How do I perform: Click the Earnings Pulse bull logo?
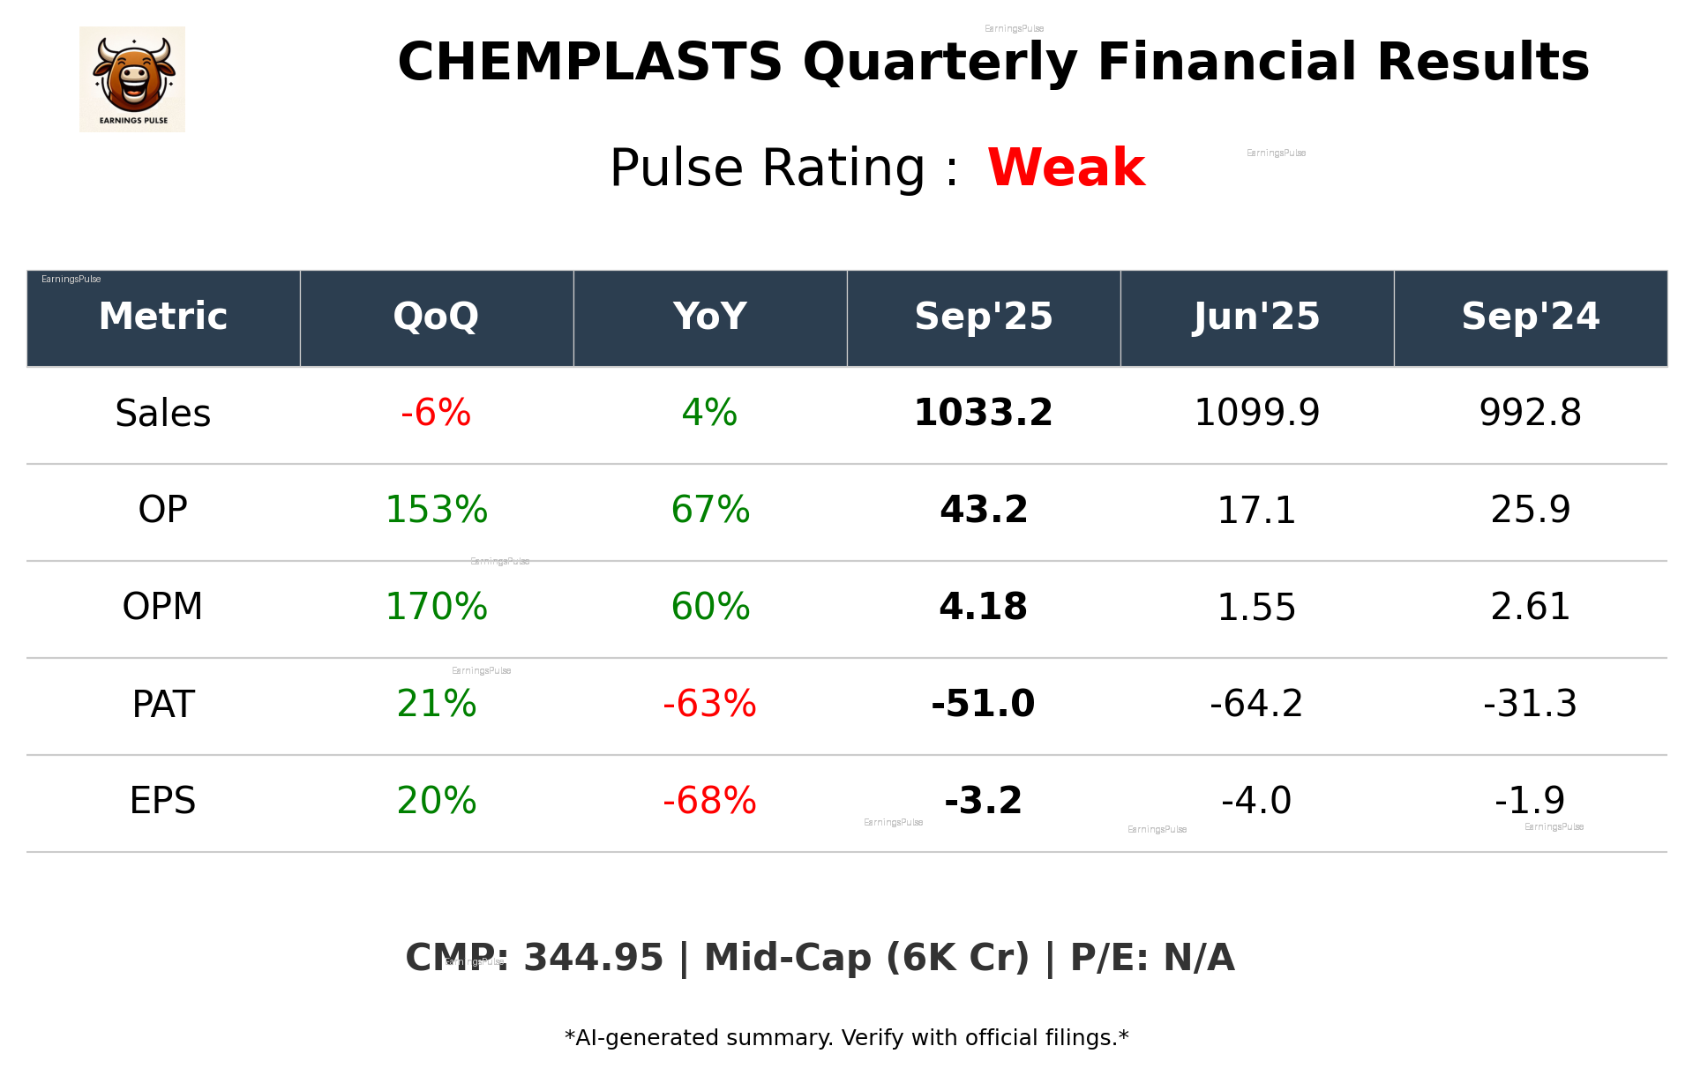pos(132,78)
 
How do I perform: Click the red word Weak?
pos(1066,168)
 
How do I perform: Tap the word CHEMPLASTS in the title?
pos(589,63)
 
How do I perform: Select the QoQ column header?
pos(436,317)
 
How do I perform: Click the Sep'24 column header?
pos(1530,317)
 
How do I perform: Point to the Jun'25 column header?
pos(1256,317)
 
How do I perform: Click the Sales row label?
pos(163,414)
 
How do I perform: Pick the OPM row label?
pos(163,607)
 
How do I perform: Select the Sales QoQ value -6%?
pos(436,413)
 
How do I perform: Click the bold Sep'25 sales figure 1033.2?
pos(983,413)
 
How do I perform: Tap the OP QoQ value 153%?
pos(436,510)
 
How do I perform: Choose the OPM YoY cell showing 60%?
pos(710,607)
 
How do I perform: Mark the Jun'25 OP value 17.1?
pos(1256,511)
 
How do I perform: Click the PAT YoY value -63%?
pos(709,704)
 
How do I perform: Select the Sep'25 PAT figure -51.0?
pos(983,704)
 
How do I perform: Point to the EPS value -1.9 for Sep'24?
pos(1530,801)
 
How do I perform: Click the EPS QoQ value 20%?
pos(436,801)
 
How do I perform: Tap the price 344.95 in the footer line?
pos(593,958)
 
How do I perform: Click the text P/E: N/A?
pos(1152,958)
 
